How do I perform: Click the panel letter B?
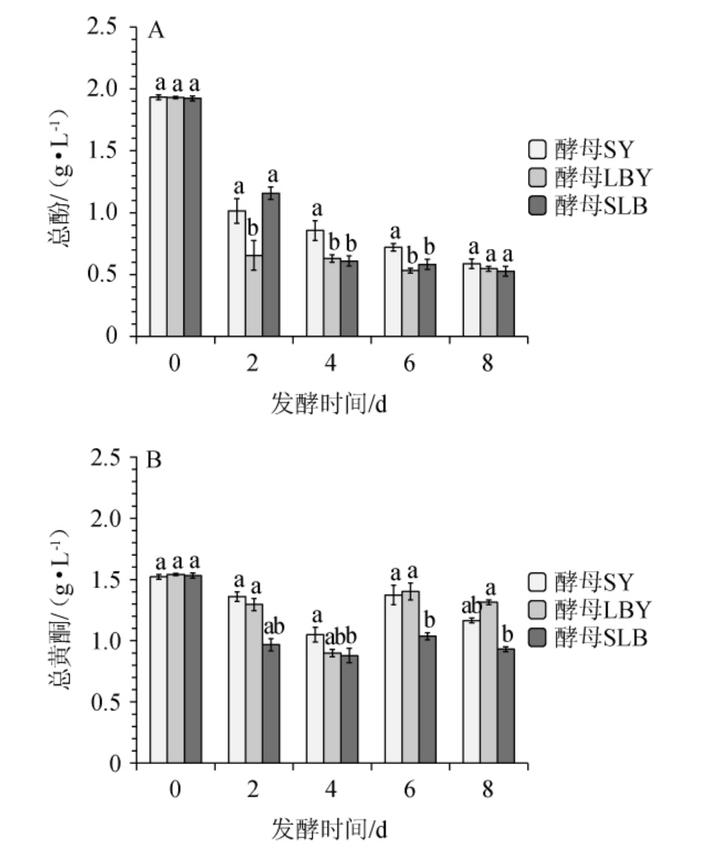155,461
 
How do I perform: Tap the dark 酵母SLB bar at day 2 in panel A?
271,265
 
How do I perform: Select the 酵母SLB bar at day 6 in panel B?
428,699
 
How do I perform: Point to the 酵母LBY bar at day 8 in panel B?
488,682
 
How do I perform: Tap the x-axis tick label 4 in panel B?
332,790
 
